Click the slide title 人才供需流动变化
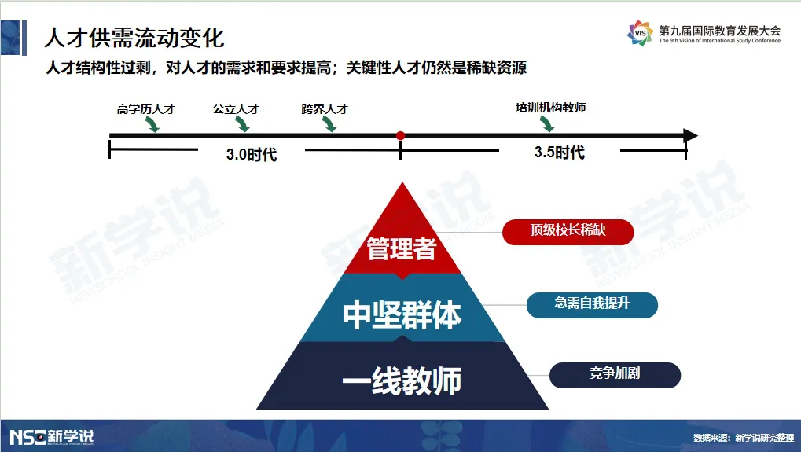[x=134, y=38]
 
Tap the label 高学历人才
[x=145, y=108]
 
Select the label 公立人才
[x=236, y=108]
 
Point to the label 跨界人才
[x=325, y=108]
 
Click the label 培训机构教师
[x=551, y=107]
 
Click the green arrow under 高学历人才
[x=152, y=124]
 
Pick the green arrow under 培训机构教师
[x=546, y=123]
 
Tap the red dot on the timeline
[x=401, y=136]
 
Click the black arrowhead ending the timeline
[x=690, y=136]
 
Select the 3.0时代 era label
[x=252, y=154]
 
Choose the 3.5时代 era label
[x=560, y=153]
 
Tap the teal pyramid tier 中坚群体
[x=402, y=313]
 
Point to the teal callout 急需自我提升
[x=592, y=305]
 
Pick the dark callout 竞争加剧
[x=615, y=375]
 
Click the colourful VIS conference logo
[x=640, y=33]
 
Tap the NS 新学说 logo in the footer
[x=52, y=437]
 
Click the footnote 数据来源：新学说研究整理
[x=744, y=438]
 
